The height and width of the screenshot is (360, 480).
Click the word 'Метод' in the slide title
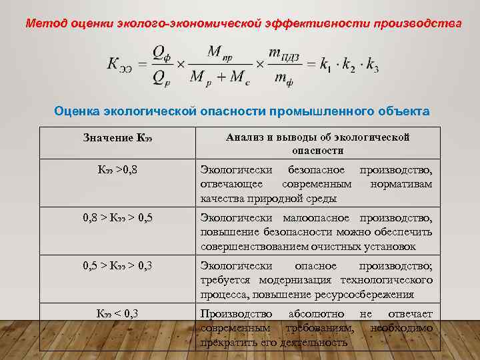tap(42, 23)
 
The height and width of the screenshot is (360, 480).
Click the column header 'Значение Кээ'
tap(117, 138)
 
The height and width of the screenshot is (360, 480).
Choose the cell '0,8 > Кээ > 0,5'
tap(117, 218)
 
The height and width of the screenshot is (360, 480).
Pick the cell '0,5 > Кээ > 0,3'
tap(117, 266)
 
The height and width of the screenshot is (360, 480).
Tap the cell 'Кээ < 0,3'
tap(117, 313)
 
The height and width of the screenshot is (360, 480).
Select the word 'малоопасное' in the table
tap(320, 218)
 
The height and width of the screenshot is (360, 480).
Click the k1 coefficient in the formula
tap(326, 65)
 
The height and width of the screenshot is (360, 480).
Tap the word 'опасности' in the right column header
tap(317, 151)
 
